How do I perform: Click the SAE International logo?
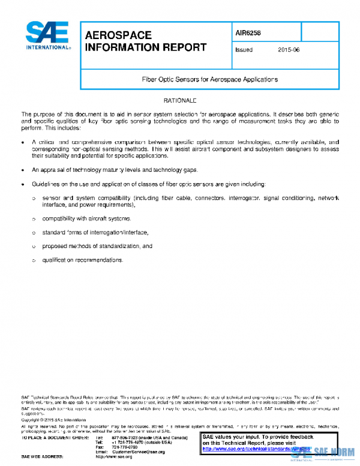[x=46, y=36]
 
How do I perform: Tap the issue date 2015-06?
[x=289, y=50]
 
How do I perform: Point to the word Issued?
[x=243, y=50]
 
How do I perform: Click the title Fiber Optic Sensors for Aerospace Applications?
[x=209, y=79]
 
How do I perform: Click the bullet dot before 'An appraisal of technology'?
[x=23, y=170]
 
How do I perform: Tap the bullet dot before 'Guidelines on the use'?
[x=23, y=184]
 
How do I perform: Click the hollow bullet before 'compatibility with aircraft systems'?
[x=34, y=218]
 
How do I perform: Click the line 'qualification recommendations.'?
[x=82, y=260]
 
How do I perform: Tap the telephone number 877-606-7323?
[x=125, y=438]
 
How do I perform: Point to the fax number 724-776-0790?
[x=125, y=447]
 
